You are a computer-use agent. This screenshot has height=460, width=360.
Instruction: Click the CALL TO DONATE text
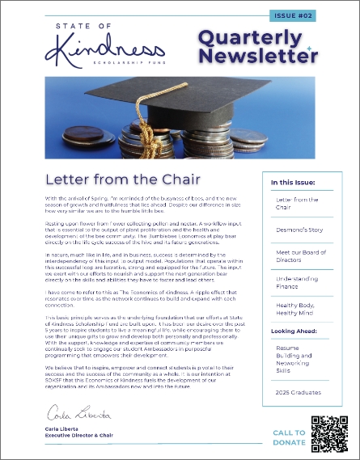290,437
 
